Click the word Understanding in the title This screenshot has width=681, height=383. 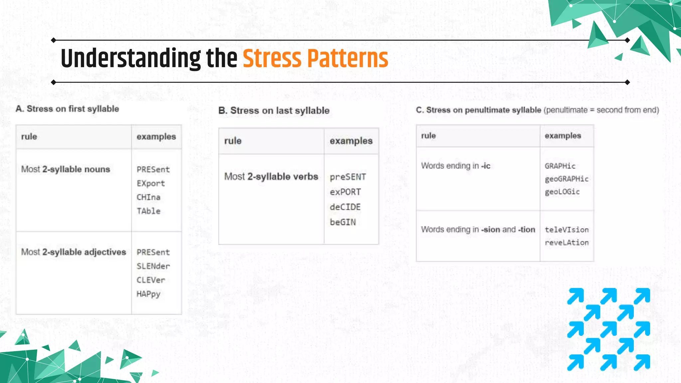click(x=131, y=59)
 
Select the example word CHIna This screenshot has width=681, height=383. click(x=148, y=197)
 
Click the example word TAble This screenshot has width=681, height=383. click(x=148, y=211)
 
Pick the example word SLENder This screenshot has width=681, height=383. click(x=153, y=266)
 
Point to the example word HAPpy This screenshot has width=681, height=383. click(x=148, y=294)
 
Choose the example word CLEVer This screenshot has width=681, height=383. click(x=151, y=280)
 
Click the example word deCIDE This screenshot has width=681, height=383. click(x=345, y=207)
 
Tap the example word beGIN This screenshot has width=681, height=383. click(x=342, y=222)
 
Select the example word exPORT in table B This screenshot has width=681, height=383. click(x=345, y=192)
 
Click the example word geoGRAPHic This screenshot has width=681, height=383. click(x=567, y=179)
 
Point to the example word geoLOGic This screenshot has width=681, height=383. click(x=562, y=192)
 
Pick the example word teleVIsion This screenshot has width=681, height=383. click(x=567, y=230)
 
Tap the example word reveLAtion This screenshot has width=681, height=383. click(x=567, y=243)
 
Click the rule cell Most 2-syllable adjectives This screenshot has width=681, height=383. click(x=73, y=252)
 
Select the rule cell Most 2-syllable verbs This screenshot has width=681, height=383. click(x=271, y=177)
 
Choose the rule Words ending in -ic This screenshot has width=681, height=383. click(x=456, y=166)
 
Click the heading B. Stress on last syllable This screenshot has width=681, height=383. click(x=274, y=111)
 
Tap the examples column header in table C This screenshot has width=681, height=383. click(x=563, y=136)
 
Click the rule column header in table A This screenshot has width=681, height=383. click(x=29, y=137)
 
